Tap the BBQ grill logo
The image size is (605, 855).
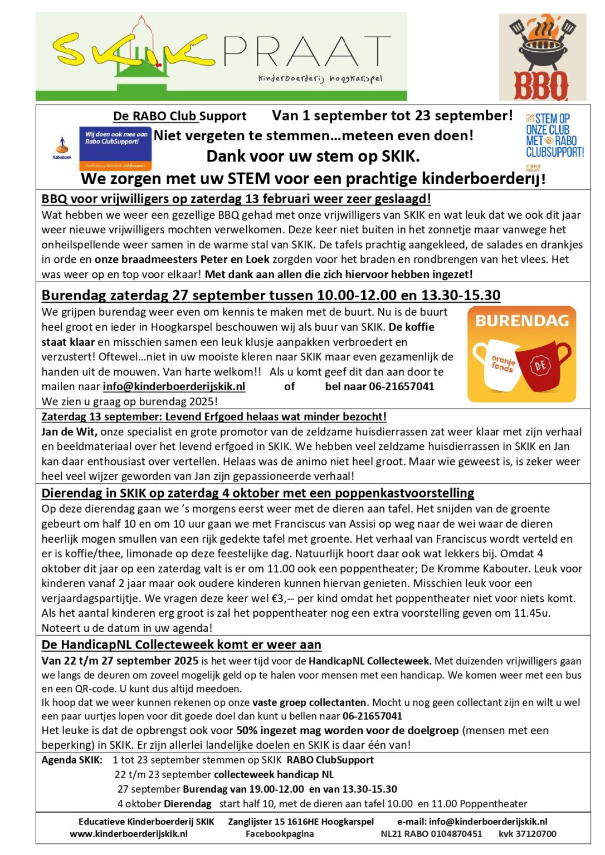coord(541,57)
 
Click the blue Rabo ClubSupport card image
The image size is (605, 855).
coord(115,149)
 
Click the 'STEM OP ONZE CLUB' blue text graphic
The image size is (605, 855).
coord(554,135)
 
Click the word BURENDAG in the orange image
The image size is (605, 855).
coord(521,321)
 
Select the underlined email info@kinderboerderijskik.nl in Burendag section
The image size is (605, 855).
coord(174,386)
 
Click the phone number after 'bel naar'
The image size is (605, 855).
coord(402,386)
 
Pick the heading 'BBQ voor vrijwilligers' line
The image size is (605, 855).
coord(236,199)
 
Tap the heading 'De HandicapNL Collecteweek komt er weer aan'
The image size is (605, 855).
coord(181,645)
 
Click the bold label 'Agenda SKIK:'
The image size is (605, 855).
coord(72,760)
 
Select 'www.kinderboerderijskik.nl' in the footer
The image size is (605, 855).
coord(128,834)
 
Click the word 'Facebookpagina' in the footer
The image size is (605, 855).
coord(280,834)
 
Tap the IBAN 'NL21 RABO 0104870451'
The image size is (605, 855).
coord(431,834)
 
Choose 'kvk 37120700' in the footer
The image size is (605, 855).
coord(527,834)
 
